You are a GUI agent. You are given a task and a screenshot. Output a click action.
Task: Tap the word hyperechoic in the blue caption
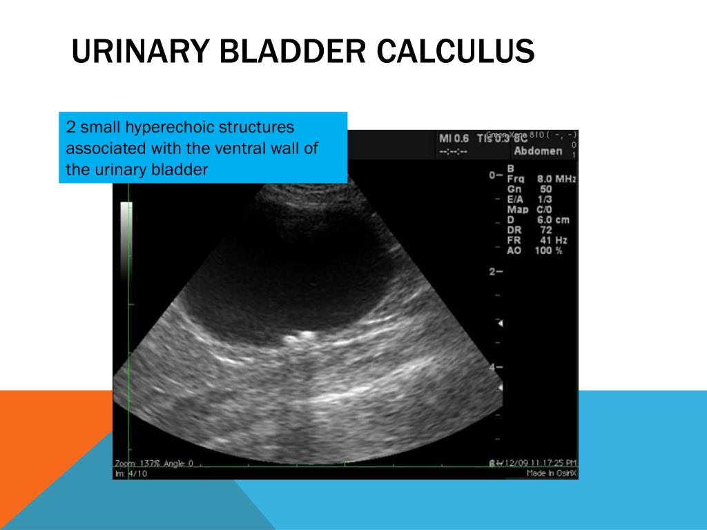[171, 128]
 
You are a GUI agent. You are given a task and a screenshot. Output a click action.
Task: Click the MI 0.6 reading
[454, 139]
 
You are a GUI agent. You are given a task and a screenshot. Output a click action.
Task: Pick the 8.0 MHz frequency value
[556, 179]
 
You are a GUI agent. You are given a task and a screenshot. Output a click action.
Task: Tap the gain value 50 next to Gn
[545, 189]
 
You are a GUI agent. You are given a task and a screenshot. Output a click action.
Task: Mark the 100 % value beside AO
[548, 251]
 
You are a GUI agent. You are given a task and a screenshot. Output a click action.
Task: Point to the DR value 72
[545, 230]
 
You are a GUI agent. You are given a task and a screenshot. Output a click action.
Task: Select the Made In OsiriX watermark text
[551, 473]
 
